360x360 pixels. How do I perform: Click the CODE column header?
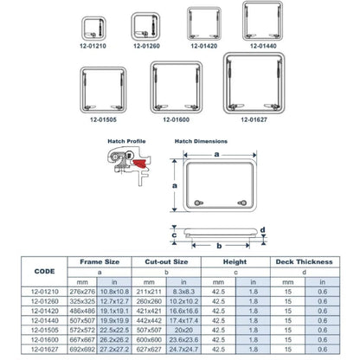[42, 270]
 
